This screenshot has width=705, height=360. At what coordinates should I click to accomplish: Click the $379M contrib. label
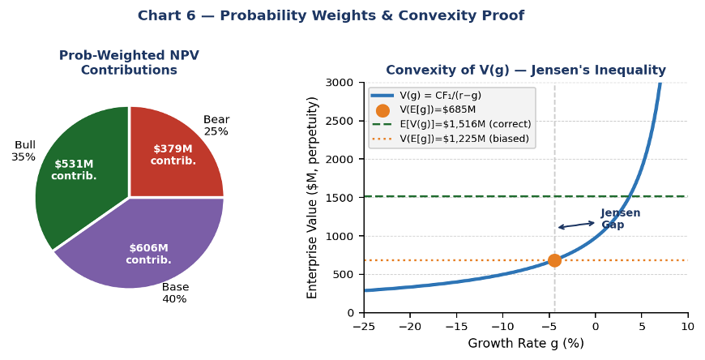[x=173, y=155]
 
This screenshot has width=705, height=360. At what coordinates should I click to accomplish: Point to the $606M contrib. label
[x=148, y=254]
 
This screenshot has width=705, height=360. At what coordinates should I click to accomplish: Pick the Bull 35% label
[x=24, y=151]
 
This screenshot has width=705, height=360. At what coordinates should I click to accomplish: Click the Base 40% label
[x=175, y=293]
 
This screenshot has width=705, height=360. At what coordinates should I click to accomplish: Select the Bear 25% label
[x=216, y=125]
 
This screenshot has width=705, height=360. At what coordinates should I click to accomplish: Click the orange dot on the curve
[x=554, y=260]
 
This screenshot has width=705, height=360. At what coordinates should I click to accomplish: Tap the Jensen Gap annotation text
[x=620, y=219]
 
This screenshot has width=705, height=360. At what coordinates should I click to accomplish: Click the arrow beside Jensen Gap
[x=577, y=225]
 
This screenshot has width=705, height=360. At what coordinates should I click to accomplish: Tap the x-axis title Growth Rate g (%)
[x=525, y=344]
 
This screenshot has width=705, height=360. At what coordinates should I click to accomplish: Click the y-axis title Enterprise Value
[x=313, y=197]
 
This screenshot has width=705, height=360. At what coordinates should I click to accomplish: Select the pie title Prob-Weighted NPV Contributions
[x=129, y=63]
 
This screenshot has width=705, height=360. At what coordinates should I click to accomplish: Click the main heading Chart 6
[x=331, y=16]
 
